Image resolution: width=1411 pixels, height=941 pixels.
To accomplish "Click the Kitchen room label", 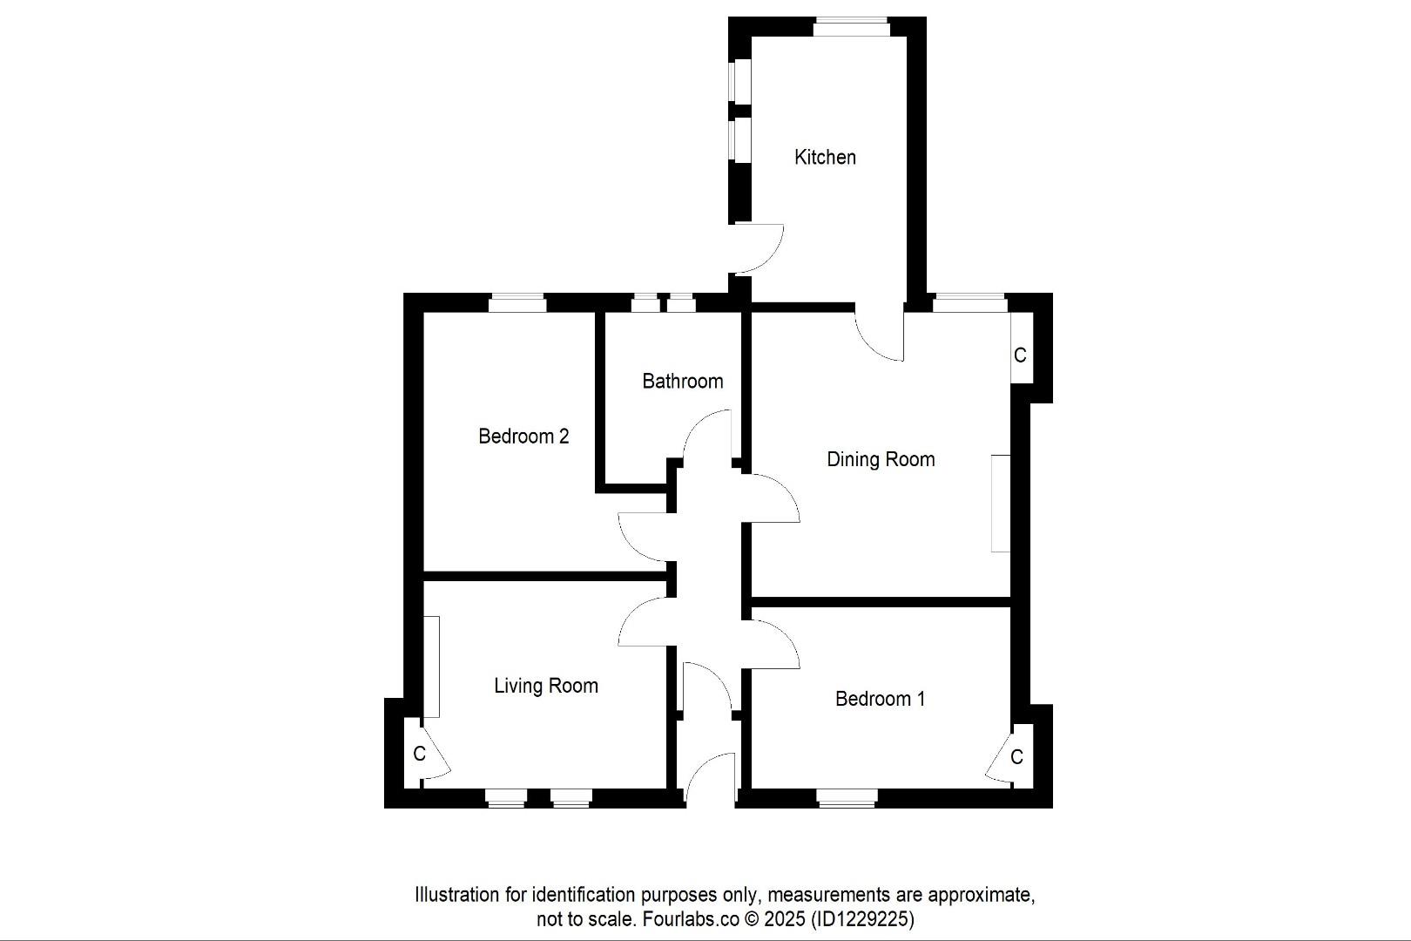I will [x=825, y=158].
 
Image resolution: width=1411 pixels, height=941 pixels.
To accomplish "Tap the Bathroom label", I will [x=682, y=381].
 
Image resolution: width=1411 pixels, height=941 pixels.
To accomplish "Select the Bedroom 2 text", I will [x=523, y=436].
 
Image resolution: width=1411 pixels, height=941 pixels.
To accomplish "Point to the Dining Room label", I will [x=881, y=459].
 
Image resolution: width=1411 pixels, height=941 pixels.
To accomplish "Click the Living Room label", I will [x=546, y=686].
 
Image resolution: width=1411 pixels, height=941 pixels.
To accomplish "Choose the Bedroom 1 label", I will [x=880, y=699].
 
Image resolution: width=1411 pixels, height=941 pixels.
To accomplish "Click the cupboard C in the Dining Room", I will [x=1020, y=355].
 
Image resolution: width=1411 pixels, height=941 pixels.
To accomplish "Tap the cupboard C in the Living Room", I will [x=419, y=754].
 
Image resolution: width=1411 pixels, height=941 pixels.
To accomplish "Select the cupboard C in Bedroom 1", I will [x=1016, y=757].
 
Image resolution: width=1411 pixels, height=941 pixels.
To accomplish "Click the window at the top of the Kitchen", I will [x=851, y=28].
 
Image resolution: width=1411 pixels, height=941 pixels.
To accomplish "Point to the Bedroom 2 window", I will [x=517, y=303].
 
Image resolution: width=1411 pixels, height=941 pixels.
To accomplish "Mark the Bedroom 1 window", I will [x=847, y=797].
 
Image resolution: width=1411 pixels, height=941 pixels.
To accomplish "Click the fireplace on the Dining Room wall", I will [x=1001, y=503].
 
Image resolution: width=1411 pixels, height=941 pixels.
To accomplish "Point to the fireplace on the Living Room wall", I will [x=431, y=667].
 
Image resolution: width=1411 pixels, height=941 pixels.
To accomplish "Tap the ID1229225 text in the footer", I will [x=861, y=918].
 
